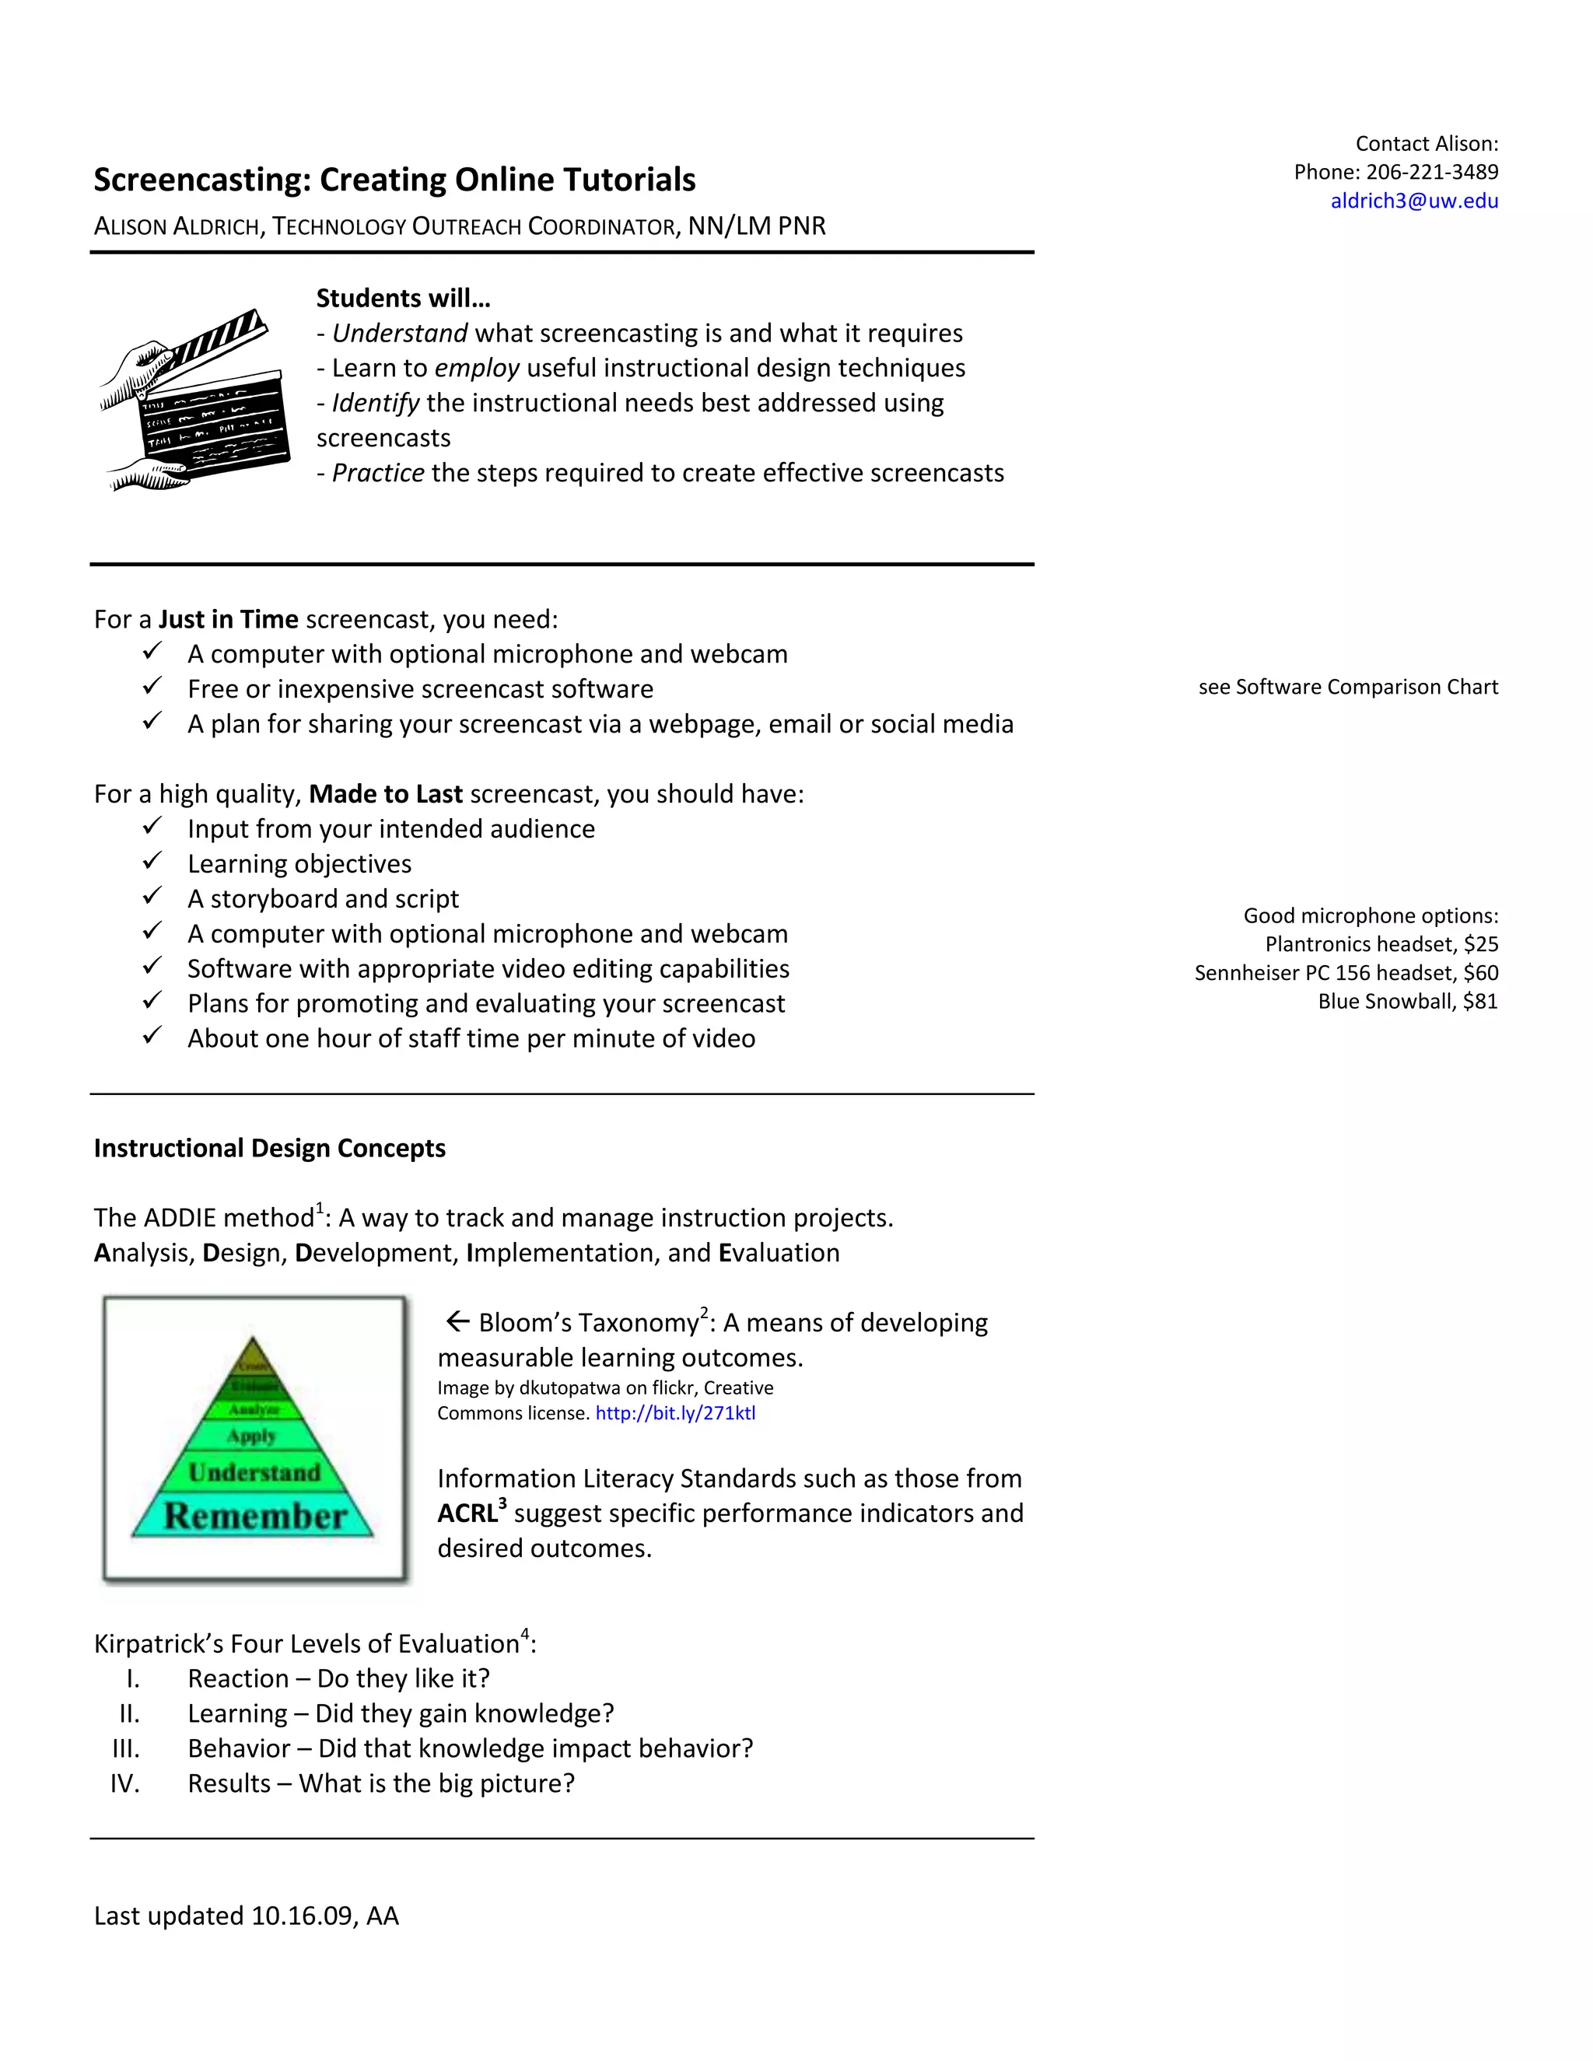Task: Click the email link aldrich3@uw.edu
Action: [1413, 200]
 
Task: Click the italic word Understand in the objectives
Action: [400, 333]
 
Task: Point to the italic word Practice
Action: [377, 473]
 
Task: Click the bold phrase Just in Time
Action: [229, 619]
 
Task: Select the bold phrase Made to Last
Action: [385, 793]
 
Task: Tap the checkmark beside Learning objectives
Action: [153, 862]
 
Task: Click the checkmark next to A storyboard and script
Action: [153, 897]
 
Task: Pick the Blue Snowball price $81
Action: [1479, 1001]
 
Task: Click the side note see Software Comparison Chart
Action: [1348, 687]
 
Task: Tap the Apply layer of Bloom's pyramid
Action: [251, 1436]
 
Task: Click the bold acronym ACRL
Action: [467, 1513]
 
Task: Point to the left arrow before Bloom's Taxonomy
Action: [457, 1321]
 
